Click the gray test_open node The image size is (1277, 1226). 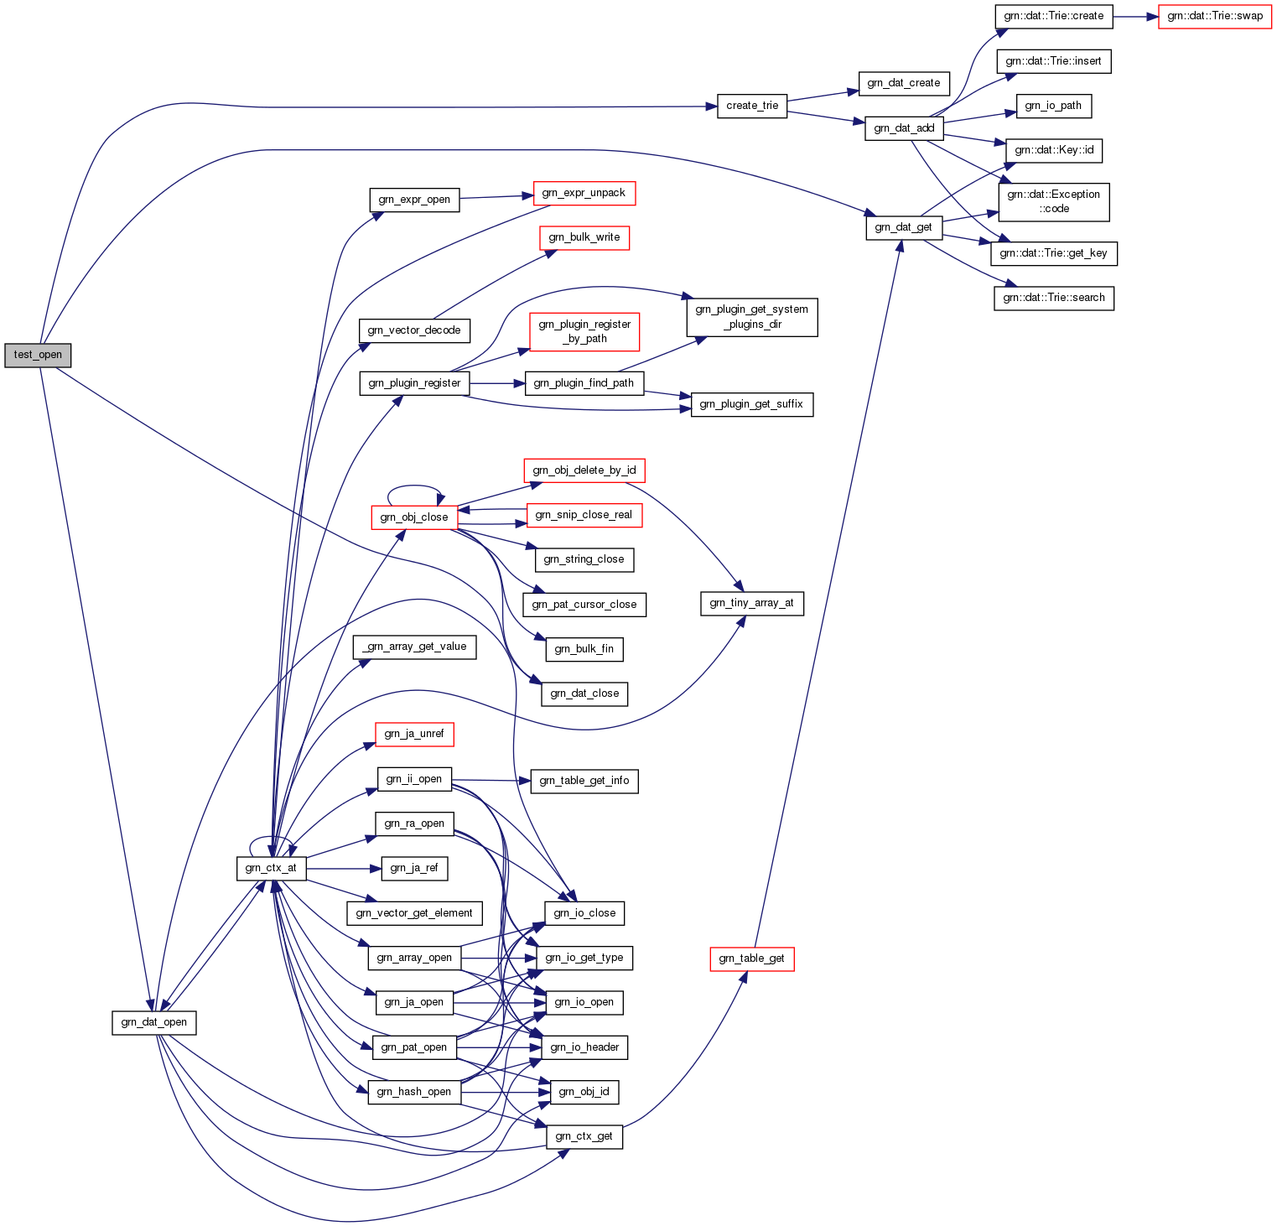(x=38, y=355)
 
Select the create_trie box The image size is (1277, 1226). (x=751, y=106)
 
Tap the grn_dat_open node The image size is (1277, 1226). (x=154, y=1022)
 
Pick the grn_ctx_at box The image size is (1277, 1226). (x=271, y=868)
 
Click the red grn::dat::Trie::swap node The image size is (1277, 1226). (x=1215, y=16)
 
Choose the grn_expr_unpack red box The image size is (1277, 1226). (x=584, y=193)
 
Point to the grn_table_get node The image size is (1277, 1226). (x=751, y=958)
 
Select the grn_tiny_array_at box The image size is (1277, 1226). (x=751, y=603)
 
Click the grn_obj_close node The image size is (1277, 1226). (x=414, y=517)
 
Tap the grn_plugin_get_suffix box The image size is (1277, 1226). (x=751, y=404)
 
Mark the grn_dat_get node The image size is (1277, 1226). (x=903, y=227)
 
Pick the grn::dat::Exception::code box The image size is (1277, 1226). (x=1053, y=201)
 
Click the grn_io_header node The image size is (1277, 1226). (x=584, y=1047)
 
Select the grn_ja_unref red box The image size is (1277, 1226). (x=414, y=734)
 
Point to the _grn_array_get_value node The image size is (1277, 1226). (x=415, y=647)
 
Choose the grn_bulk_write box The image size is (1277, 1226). (x=584, y=237)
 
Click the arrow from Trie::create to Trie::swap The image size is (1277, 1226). (x=1135, y=16)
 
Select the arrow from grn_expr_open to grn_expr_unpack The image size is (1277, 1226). (x=496, y=196)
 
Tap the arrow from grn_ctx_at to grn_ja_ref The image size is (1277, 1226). (x=344, y=868)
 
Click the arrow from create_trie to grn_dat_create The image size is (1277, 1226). (x=822, y=94)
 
